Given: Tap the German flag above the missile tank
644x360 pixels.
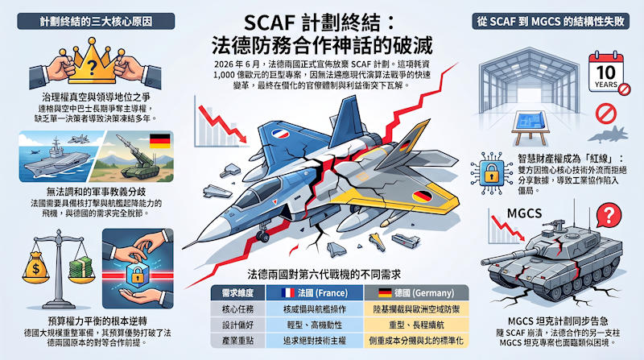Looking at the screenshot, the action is tap(160, 141).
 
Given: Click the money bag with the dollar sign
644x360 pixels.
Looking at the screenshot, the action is tap(36, 267).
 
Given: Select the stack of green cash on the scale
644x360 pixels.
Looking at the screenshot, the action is tap(80, 268).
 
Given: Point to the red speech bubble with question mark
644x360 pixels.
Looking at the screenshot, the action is tap(609, 215).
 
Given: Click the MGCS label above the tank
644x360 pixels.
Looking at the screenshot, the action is tap(524, 213).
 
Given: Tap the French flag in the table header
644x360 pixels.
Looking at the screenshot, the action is tap(288, 292).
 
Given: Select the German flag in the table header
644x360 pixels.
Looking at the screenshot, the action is tap(385, 292).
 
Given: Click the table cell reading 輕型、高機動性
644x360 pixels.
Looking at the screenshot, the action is tap(315, 325).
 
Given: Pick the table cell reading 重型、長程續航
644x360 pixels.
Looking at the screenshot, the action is tap(416, 325).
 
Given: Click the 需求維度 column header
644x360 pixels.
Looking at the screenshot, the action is tap(237, 293).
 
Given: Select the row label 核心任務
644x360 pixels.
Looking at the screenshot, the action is tap(237, 309).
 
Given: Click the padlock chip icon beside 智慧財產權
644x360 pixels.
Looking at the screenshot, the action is tap(491, 173).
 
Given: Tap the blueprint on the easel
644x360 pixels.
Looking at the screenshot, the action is tap(530, 122).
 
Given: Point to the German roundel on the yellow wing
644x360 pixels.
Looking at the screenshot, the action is tap(422, 196).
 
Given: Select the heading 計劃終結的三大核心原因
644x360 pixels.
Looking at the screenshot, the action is tap(96, 22).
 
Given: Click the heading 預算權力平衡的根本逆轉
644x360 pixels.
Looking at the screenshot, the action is tap(97, 321).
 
